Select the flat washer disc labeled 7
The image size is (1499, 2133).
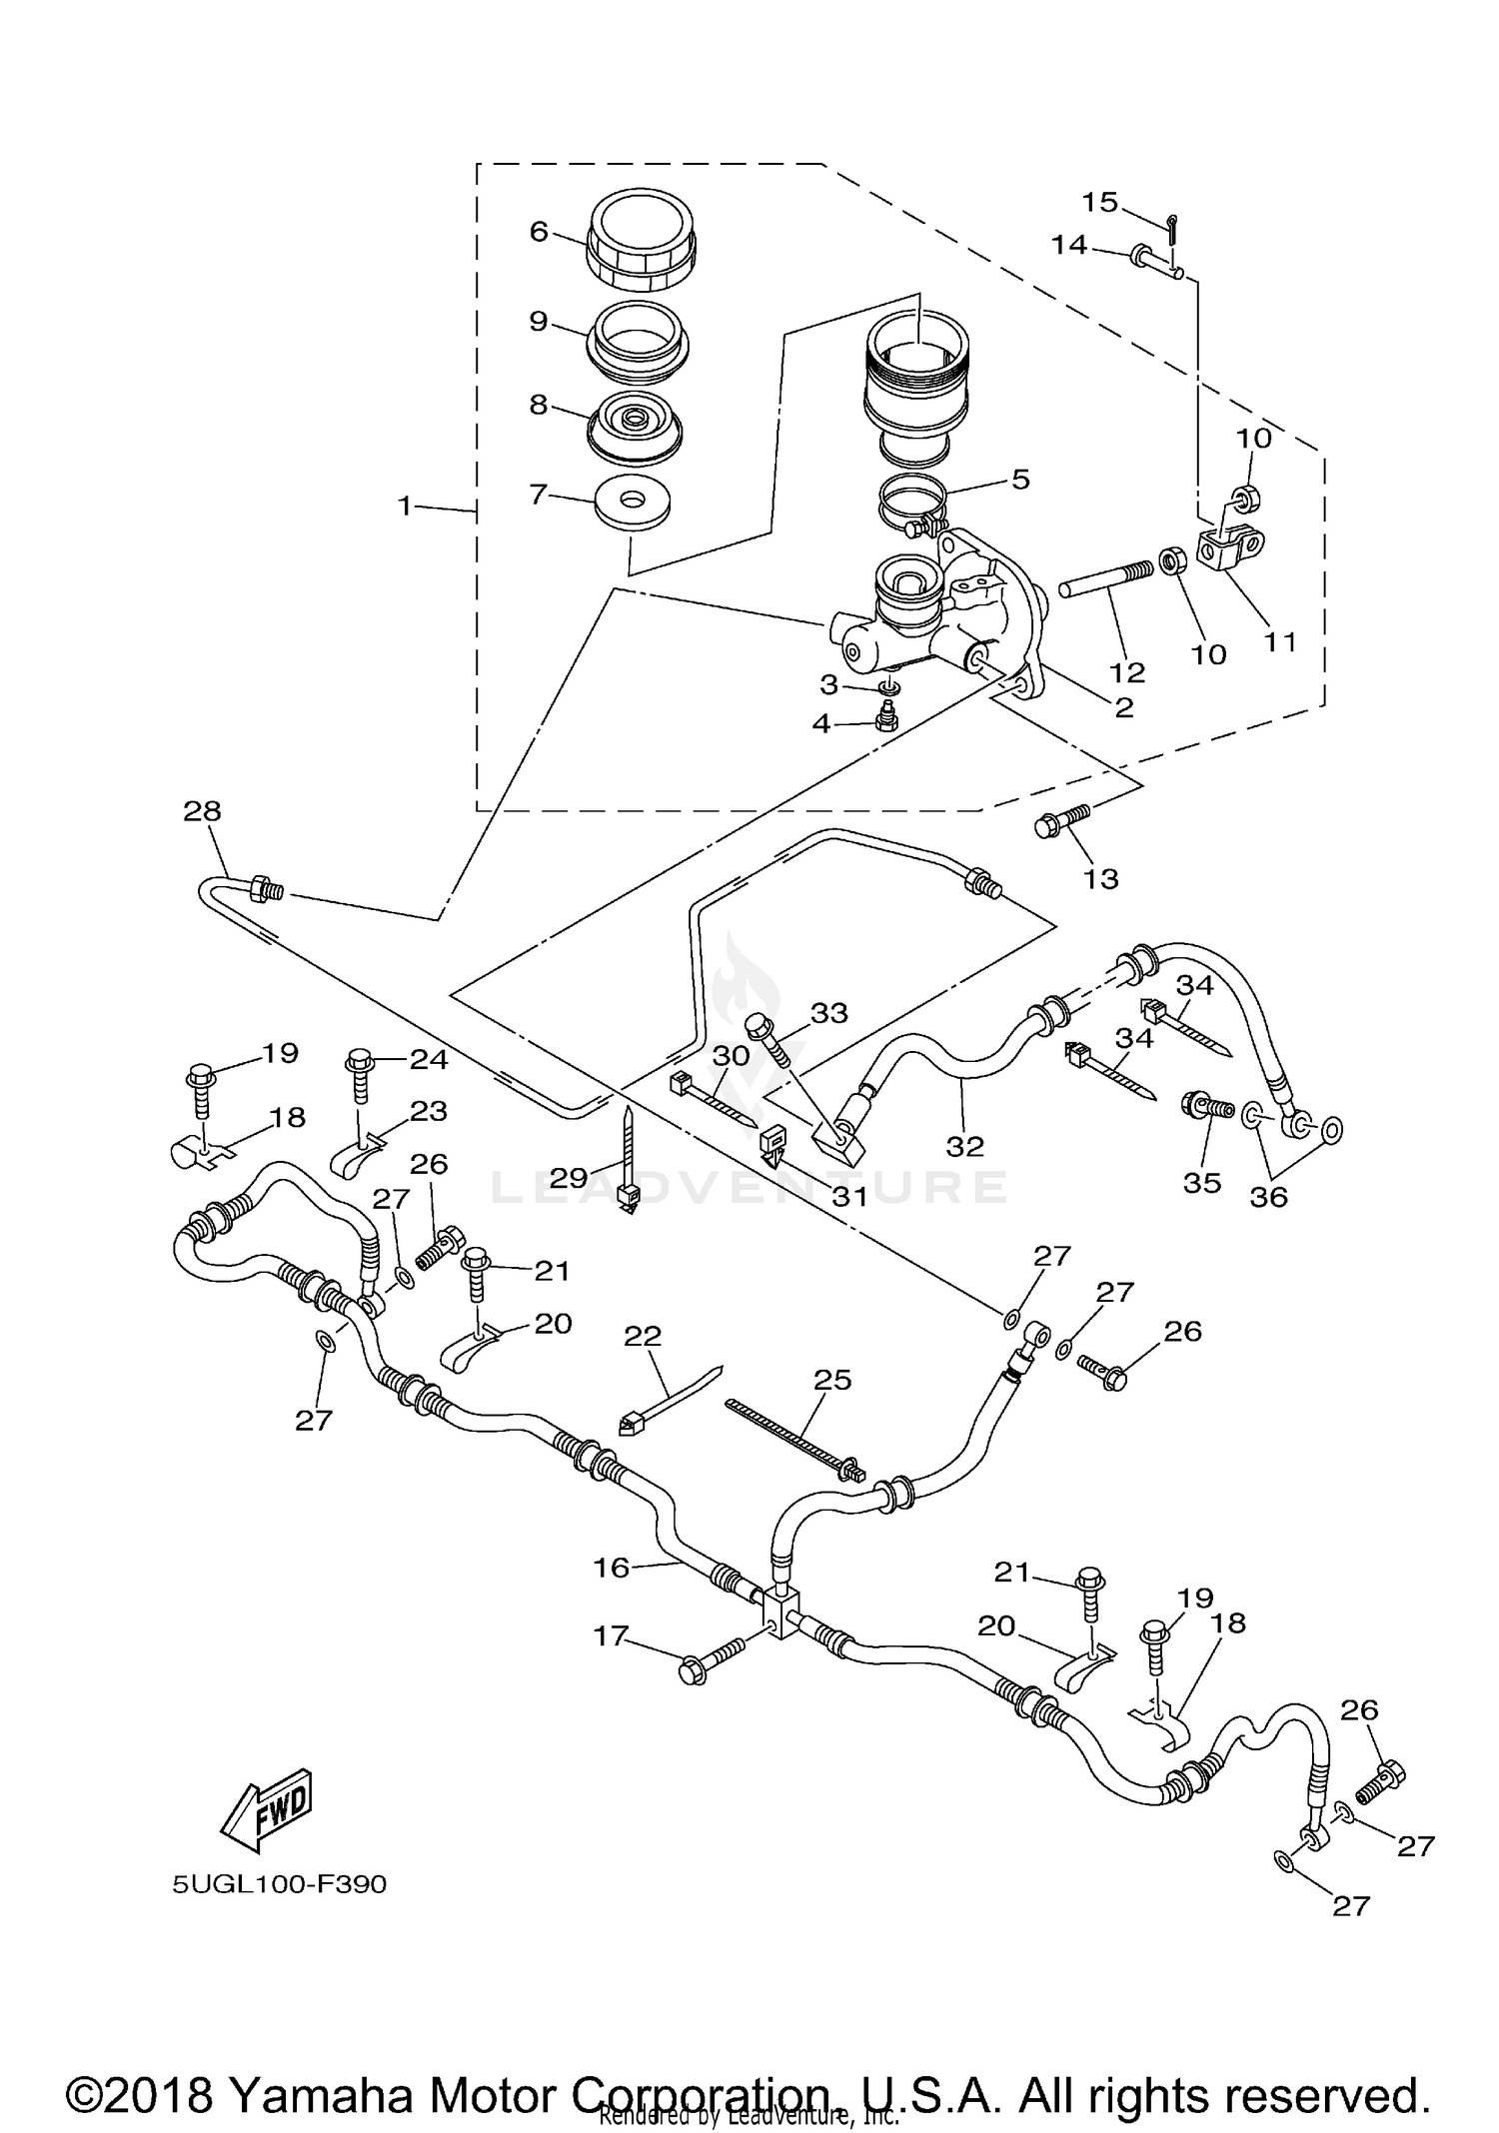coord(632,505)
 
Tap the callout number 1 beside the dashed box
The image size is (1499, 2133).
coord(405,507)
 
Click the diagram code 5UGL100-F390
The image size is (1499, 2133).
coord(279,1885)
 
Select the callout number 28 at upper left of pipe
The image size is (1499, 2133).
coord(202,811)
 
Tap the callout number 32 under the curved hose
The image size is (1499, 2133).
coord(965,1146)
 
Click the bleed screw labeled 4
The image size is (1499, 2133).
coord(883,716)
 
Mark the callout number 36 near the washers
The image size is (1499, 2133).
coord(1269,1196)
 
